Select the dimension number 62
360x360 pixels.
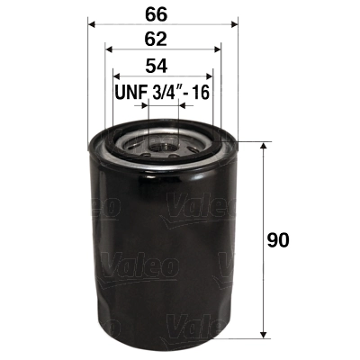point(162,40)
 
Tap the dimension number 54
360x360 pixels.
point(162,66)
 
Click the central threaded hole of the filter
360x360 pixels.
point(163,140)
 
